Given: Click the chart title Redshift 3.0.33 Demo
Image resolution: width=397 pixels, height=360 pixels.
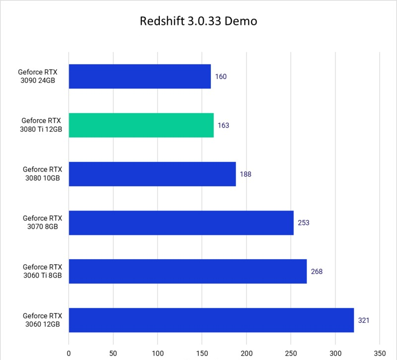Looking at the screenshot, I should point(198,22).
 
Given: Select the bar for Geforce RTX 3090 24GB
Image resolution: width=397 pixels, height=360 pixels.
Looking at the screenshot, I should point(139,76).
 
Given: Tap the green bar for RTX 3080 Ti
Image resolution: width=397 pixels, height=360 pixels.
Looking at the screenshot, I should point(141,125).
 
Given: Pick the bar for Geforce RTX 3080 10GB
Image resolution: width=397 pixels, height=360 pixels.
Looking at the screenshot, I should point(152,174).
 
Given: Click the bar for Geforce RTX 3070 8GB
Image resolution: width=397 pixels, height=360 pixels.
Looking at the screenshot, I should point(181,222).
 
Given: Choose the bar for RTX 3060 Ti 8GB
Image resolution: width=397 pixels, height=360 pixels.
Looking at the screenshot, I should point(188,271).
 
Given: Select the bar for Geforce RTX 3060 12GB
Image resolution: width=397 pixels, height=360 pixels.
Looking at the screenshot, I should point(211,320).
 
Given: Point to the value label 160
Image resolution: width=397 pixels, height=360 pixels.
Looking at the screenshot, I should point(221,77).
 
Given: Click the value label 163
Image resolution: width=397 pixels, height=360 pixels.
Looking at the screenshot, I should point(223,126).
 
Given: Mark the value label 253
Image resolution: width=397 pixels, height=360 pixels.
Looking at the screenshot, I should point(304,223).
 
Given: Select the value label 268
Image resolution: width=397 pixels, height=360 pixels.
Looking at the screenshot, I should point(317,272).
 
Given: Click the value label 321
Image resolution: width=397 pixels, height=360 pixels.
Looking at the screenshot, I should point(364,320).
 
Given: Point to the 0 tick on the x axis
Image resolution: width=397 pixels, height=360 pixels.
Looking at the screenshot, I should point(68,355).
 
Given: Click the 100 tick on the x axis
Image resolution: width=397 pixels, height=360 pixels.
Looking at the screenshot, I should point(157,355).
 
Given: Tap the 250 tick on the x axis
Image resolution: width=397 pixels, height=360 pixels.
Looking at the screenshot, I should point(291,355).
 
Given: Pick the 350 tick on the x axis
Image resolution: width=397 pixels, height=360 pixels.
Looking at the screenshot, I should point(380,355).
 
